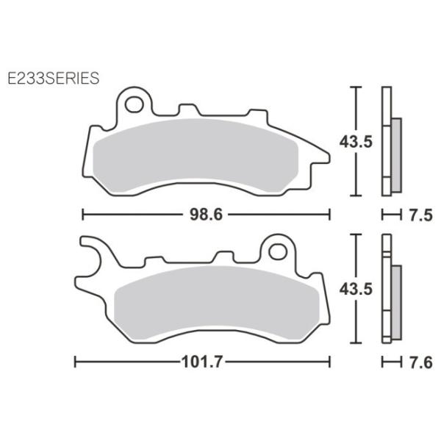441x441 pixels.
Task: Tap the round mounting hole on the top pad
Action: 134,104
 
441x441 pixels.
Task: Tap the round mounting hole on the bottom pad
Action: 277,251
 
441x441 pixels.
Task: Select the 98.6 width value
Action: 206,215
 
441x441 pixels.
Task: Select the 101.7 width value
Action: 203,362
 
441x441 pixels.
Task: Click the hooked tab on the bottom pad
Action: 93,254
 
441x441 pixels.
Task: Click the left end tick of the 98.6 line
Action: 82,215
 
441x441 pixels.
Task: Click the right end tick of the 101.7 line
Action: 329,362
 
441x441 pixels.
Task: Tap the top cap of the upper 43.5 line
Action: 356,87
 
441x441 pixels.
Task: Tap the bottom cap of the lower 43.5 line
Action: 356,343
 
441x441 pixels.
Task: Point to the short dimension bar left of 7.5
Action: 390,215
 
